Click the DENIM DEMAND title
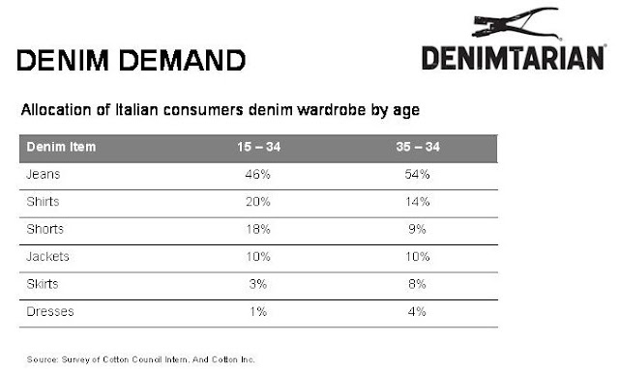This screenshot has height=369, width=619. click(132, 60)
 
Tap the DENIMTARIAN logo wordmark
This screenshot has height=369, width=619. click(514, 58)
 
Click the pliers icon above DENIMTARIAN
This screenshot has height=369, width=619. click(516, 23)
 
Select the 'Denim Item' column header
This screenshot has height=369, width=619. click(61, 147)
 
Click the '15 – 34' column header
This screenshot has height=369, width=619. click(258, 147)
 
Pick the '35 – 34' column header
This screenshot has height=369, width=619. click(418, 147)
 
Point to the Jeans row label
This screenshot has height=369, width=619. click(43, 174)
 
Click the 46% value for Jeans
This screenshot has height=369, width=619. click(257, 174)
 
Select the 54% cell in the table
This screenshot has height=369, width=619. click(417, 174)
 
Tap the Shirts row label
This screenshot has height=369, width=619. click(43, 202)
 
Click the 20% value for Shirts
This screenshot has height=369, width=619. click(258, 202)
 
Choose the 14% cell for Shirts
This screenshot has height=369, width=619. click(417, 202)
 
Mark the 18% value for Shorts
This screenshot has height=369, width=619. click(258, 230)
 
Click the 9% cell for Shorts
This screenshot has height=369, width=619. click(417, 230)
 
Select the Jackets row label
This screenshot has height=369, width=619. click(47, 257)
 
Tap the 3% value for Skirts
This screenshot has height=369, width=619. click(258, 284)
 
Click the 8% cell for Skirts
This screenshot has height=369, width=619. click(417, 284)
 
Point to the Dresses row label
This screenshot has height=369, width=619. click(50, 311)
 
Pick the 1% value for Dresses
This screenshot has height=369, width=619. click(258, 311)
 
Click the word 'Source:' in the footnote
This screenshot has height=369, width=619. click(43, 359)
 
